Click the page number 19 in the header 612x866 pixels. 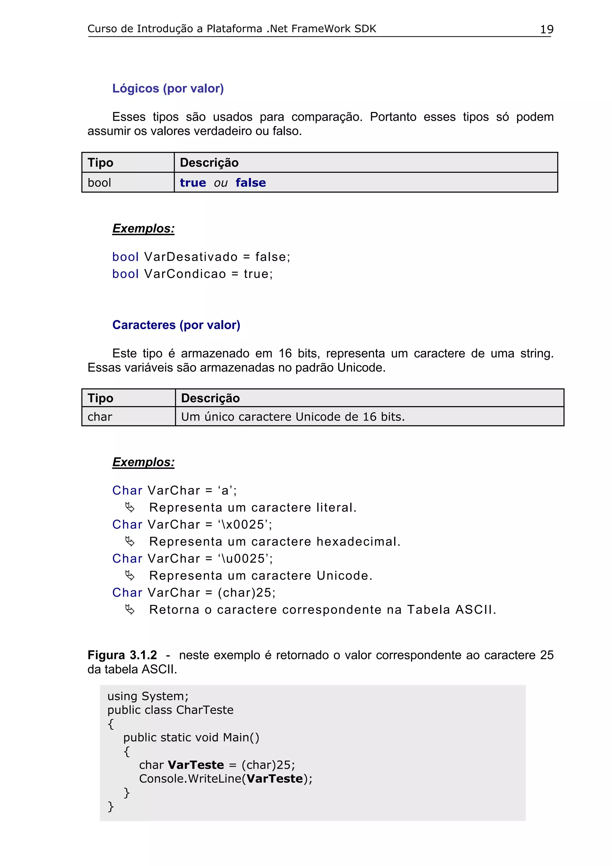click(546, 29)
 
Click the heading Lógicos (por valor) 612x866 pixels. click(168, 88)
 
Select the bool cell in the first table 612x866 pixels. click(99, 183)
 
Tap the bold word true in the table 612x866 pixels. click(193, 183)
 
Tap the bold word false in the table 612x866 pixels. click(250, 183)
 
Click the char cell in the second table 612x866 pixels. click(100, 417)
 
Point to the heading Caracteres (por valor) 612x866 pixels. click(176, 325)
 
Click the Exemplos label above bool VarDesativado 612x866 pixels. click(143, 229)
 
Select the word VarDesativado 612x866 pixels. click(191, 257)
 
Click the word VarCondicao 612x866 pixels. click(185, 274)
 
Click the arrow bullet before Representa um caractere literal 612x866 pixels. click(130, 508)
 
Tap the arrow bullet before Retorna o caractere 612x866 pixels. click(130, 610)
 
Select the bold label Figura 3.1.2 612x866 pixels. click(122, 655)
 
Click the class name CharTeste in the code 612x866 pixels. click(205, 710)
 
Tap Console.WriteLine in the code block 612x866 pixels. click(190, 778)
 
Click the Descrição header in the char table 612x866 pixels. click(210, 398)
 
